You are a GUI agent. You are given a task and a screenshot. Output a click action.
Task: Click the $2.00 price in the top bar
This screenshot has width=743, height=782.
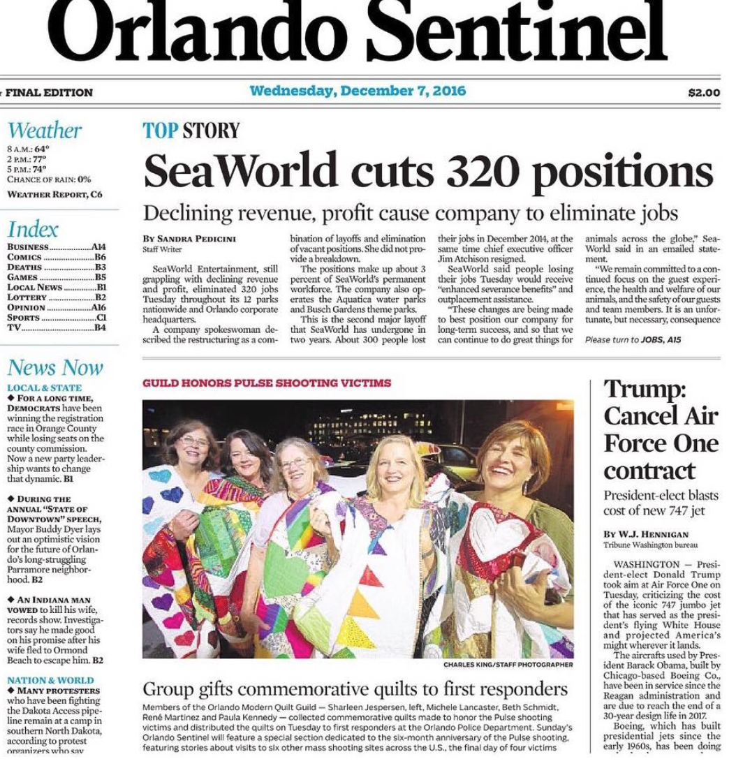pyautogui.click(x=704, y=92)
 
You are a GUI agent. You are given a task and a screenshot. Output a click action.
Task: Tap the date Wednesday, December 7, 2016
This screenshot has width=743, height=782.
pyautogui.click(x=358, y=91)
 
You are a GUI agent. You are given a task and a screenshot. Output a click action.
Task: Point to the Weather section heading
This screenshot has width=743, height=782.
pyautogui.click(x=44, y=131)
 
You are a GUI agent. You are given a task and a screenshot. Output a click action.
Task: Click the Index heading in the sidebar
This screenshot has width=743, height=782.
pyautogui.click(x=33, y=229)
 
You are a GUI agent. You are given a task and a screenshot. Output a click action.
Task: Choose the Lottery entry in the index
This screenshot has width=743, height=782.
pyautogui.click(x=27, y=297)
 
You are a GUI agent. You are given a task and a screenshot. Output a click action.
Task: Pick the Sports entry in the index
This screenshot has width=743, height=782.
pyautogui.click(x=24, y=317)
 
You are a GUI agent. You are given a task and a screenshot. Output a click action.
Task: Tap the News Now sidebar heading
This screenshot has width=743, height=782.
pyautogui.click(x=55, y=367)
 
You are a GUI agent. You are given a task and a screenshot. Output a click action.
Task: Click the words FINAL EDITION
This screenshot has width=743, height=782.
pyautogui.click(x=49, y=92)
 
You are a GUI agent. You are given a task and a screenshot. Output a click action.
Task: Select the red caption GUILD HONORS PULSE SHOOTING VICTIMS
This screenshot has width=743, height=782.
pyautogui.click(x=267, y=383)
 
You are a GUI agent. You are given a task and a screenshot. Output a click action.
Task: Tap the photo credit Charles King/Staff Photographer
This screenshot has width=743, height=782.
pyautogui.click(x=508, y=665)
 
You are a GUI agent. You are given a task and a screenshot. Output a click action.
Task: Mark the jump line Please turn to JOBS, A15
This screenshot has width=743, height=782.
pyautogui.click(x=633, y=340)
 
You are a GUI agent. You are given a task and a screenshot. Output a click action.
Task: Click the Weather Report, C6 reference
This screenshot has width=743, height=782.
pyautogui.click(x=54, y=194)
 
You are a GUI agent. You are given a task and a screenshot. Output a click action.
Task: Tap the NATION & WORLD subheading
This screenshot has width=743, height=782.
pyautogui.click(x=50, y=680)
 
